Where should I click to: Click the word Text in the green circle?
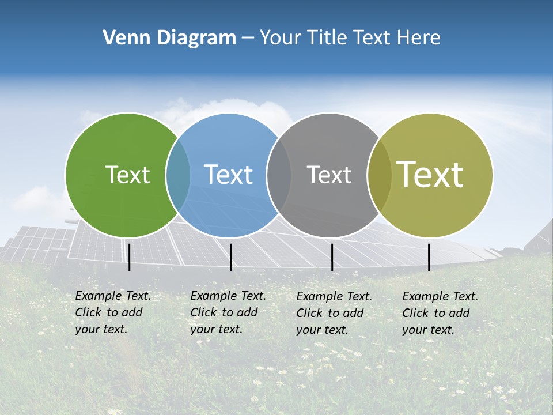[127, 175]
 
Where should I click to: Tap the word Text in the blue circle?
[228, 175]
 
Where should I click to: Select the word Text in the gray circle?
[329, 175]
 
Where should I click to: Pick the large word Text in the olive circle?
[430, 175]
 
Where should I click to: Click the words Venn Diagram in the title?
[169, 38]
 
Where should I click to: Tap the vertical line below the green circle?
[130, 257]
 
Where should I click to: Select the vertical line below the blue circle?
[230, 257]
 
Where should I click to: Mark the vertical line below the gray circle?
[332, 257]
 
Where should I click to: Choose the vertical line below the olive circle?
[429, 257]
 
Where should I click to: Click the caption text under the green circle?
[112, 312]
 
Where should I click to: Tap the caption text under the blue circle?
[228, 312]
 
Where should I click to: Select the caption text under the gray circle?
[334, 312]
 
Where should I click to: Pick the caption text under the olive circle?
[440, 312]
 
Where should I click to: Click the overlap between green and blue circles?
[178, 175]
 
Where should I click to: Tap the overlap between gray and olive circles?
[379, 175]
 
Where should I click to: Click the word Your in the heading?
[281, 38]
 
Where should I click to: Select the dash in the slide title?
[248, 38]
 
